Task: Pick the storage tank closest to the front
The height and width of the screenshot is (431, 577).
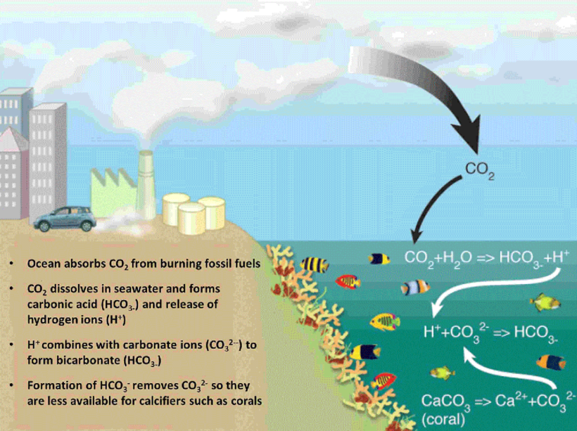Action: (191, 219)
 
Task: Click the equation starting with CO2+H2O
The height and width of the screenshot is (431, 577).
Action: (485, 257)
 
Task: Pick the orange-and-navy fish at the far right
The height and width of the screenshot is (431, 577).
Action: (551, 361)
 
